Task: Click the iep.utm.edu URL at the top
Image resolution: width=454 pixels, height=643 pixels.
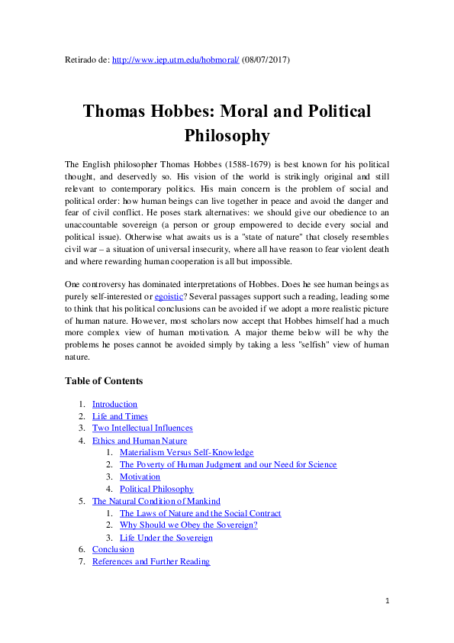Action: pos(175,59)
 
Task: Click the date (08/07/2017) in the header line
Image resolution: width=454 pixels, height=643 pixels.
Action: pos(266,59)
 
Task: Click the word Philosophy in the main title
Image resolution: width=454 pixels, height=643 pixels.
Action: pos(227,136)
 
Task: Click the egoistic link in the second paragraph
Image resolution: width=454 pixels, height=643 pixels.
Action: pos(169,296)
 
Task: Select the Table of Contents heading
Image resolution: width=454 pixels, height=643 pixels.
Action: pos(104,381)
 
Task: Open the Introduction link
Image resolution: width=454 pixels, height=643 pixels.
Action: pos(114,404)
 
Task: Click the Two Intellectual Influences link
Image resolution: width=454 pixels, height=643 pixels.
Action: pos(142,428)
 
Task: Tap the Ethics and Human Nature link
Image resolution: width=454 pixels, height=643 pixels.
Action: pos(139,441)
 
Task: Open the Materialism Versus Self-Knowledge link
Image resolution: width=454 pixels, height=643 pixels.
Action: pos(186,453)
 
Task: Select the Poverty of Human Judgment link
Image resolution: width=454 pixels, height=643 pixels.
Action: pos(227,465)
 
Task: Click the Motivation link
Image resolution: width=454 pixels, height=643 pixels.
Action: pos(140,477)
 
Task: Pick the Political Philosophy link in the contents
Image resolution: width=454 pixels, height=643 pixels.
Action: pos(156,490)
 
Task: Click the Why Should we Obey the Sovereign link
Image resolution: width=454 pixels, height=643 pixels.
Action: pos(188,525)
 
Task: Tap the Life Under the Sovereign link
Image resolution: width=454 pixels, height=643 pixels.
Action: pos(166,538)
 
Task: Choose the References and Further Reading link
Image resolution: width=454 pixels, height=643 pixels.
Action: pos(150,562)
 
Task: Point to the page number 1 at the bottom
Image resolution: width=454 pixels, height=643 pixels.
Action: pos(387,602)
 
